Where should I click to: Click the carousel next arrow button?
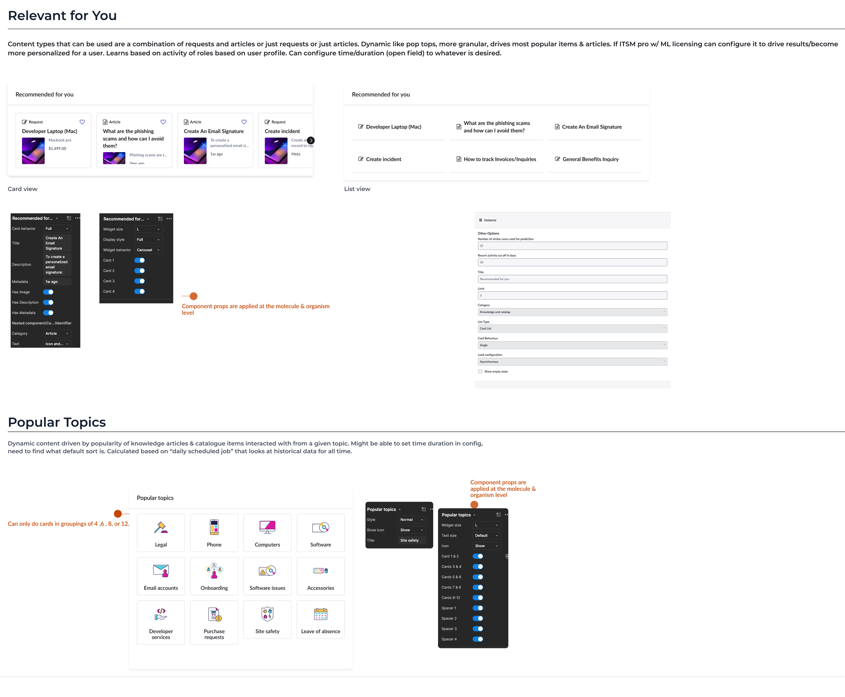coord(311,140)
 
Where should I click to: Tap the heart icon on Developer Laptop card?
coord(82,122)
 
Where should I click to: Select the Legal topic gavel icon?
coord(161,527)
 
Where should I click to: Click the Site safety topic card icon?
coord(267,614)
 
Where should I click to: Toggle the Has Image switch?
coord(48,292)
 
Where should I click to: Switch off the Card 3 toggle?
coord(139,281)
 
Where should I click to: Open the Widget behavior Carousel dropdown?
coord(148,250)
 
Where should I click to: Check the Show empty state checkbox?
coord(480,371)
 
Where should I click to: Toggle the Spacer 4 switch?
coord(478,639)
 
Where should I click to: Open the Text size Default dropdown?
coord(486,536)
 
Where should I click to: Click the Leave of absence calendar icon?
coord(320,614)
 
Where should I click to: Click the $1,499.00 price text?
coord(57,148)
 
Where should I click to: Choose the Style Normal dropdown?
coord(411,520)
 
